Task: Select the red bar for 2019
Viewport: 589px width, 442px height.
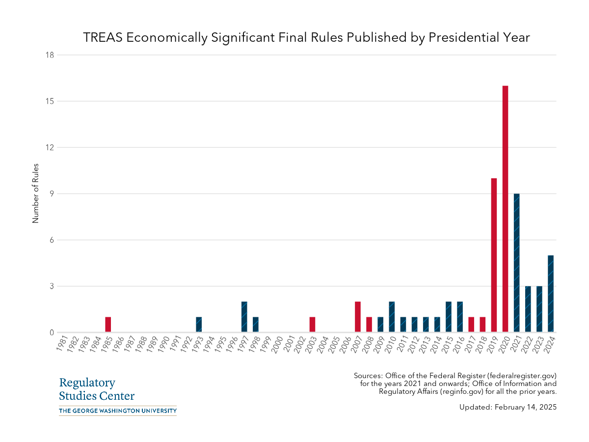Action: pyautogui.click(x=494, y=255)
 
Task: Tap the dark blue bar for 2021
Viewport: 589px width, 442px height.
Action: pyautogui.click(x=516, y=263)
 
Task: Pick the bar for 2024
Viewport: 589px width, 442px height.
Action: pyautogui.click(x=551, y=294)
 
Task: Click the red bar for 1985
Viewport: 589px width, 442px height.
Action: pyautogui.click(x=108, y=325)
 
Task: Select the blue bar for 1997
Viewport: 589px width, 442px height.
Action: pyautogui.click(x=244, y=317)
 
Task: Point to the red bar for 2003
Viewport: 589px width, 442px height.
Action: pyautogui.click(x=312, y=325)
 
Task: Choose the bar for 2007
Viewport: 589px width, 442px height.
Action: pyautogui.click(x=358, y=317)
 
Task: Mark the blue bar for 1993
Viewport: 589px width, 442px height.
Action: pyautogui.click(x=199, y=325)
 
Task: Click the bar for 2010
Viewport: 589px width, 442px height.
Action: pyautogui.click(x=392, y=317)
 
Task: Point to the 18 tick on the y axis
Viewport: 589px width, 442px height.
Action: pyautogui.click(x=49, y=55)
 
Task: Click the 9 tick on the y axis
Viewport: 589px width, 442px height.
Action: pyautogui.click(x=51, y=193)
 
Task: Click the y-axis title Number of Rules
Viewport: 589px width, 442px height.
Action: pyautogui.click(x=35, y=193)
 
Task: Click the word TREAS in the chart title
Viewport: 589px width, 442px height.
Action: pyautogui.click(x=103, y=38)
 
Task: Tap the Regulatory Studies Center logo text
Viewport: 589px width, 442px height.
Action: pyautogui.click(x=96, y=389)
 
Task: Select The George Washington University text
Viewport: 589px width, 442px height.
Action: pyautogui.click(x=117, y=411)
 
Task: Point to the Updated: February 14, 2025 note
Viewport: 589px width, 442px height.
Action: pyautogui.click(x=508, y=407)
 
